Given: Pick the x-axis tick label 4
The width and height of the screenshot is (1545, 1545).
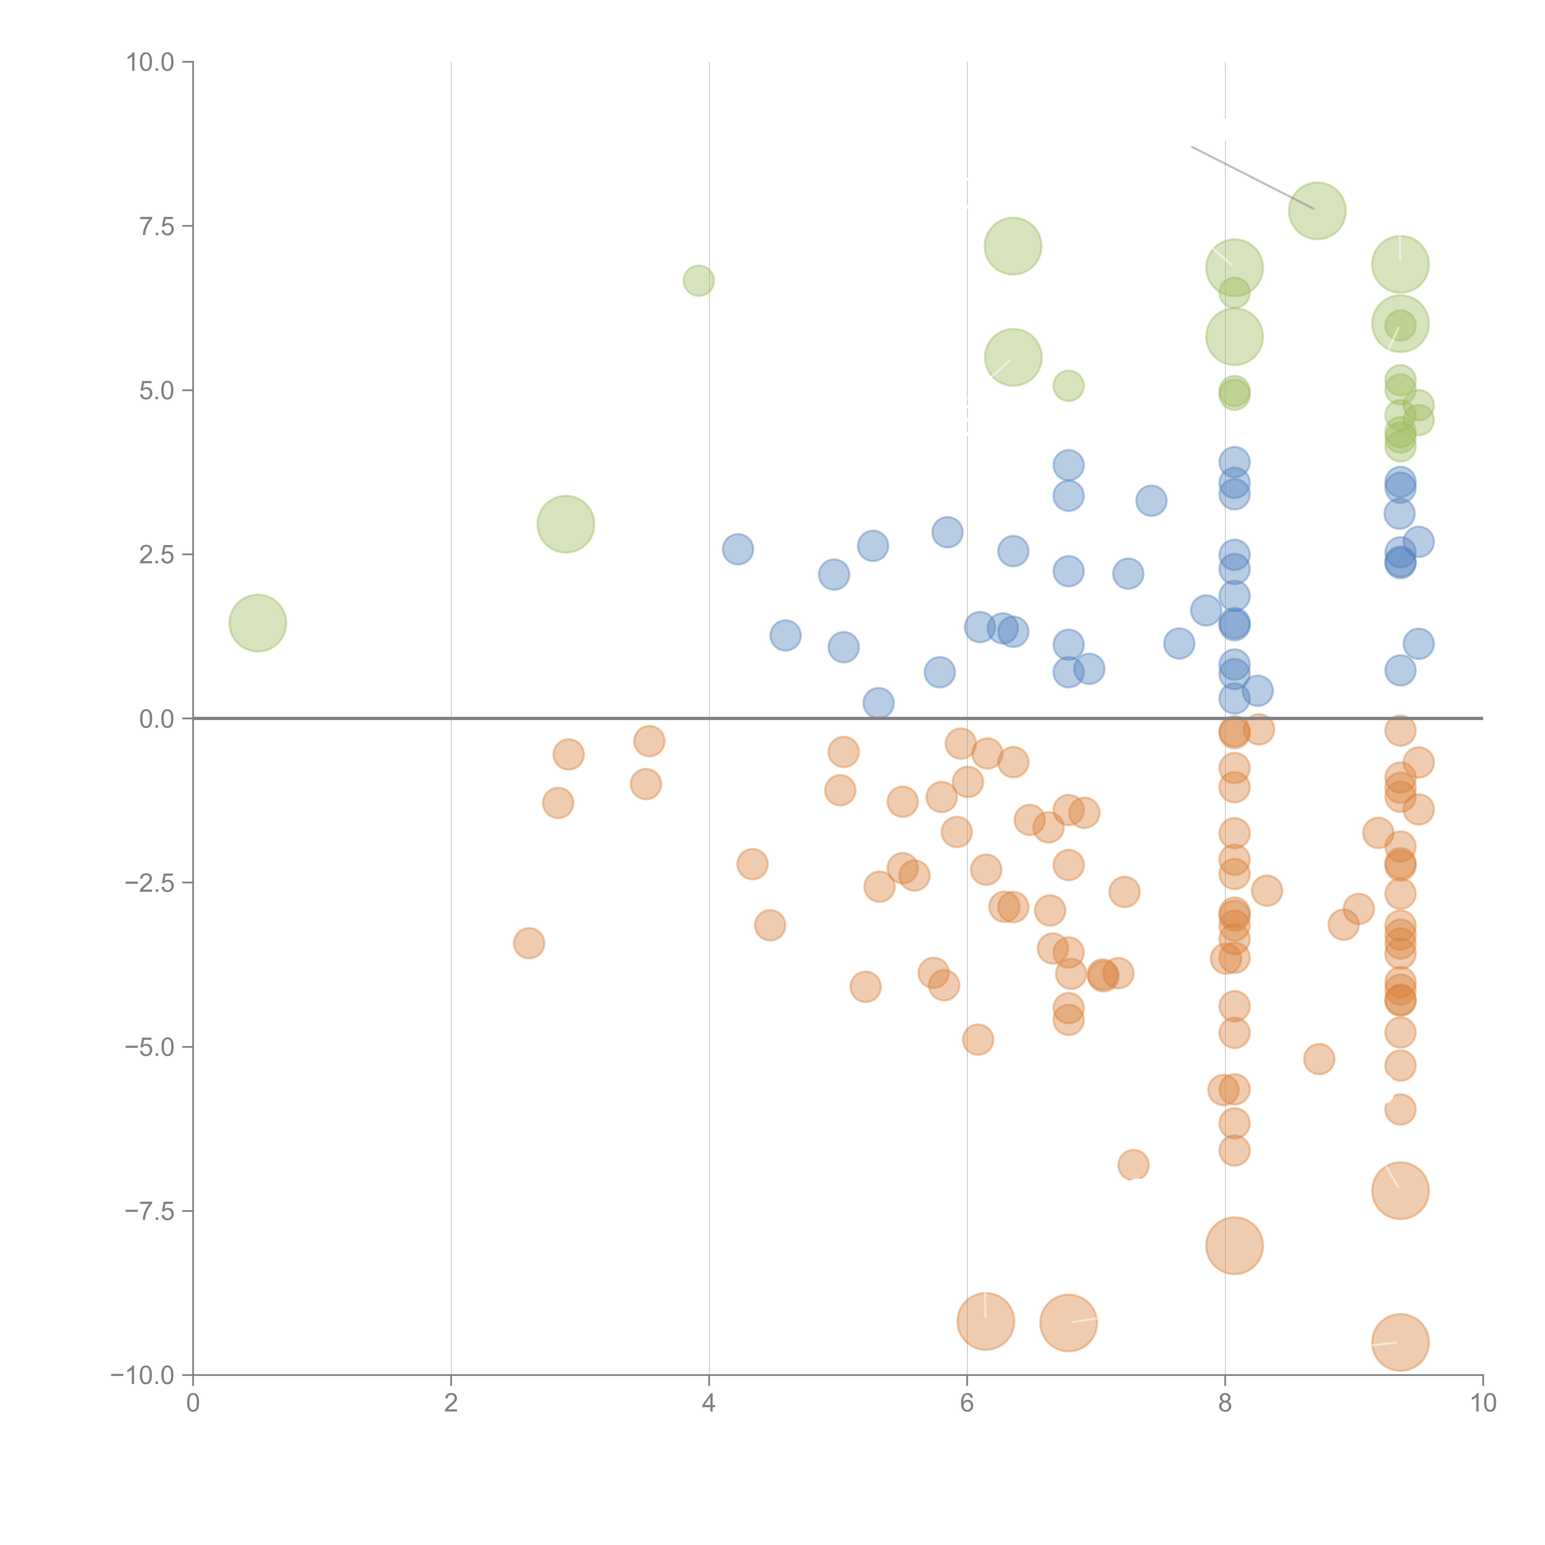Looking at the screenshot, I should pos(709,1403).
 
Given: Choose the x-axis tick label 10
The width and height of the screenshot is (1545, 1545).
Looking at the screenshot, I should pos(1483,1403).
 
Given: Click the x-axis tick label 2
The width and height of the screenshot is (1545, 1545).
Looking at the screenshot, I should pos(451,1403).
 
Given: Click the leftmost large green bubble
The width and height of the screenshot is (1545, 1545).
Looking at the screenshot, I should pos(257,623).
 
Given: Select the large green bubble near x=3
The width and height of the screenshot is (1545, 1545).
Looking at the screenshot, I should pos(565,524).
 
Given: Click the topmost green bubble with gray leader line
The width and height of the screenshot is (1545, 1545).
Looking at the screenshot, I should pos(1317,211).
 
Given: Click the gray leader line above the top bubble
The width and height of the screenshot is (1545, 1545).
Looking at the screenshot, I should pos(1251,178).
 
